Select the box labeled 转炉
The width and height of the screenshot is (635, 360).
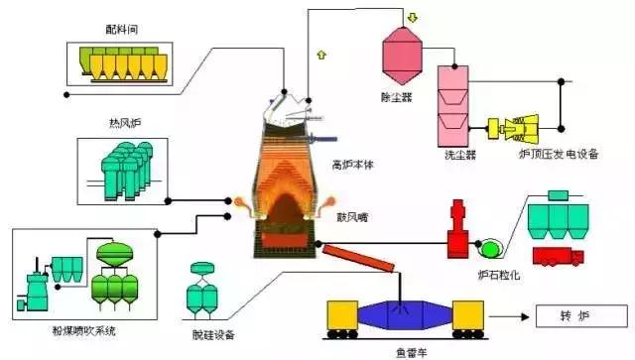[574, 317]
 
